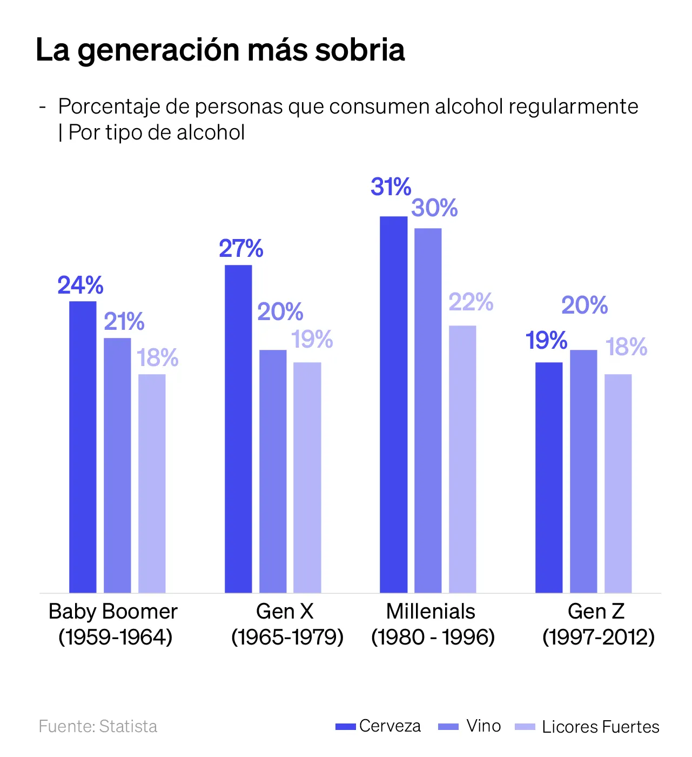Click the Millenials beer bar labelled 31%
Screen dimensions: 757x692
tap(393, 404)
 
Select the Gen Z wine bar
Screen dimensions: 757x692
tap(583, 471)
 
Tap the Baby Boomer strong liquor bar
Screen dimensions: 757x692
tap(152, 483)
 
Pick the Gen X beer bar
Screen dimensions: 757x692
tap(238, 429)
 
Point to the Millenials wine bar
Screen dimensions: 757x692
tap(428, 410)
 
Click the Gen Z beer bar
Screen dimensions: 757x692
tap(549, 477)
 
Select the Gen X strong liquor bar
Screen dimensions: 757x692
tap(307, 477)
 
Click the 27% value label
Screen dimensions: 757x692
tap(241, 249)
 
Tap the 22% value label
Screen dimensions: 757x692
tap(471, 302)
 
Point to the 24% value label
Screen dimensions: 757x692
tap(80, 285)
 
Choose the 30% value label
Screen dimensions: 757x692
tap(434, 208)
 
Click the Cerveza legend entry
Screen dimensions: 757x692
tap(378, 726)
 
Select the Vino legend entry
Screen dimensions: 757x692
tap(470, 726)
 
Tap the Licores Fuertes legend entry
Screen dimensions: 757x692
tap(588, 727)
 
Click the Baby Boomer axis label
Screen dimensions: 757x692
tap(113, 612)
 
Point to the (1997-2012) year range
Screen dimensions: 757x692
tap(599, 637)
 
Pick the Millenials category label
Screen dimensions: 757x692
tap(431, 612)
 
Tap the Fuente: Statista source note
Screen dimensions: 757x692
tap(98, 726)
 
